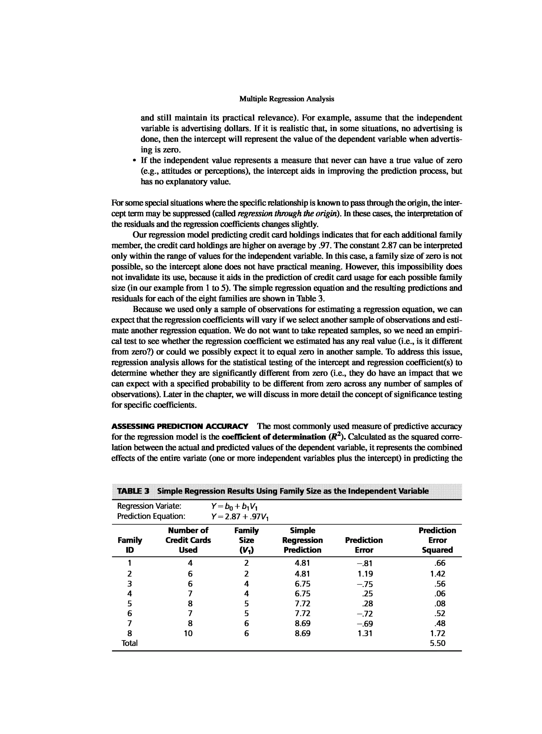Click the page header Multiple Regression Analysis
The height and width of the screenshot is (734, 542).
pos(286,99)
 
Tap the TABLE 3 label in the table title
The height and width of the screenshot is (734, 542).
pos(133,491)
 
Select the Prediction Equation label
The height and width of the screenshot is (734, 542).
pos(151,516)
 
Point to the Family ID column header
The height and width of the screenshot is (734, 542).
pos(130,545)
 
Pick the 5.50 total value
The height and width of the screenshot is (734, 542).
pos(437,643)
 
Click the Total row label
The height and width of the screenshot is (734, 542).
pos(130,643)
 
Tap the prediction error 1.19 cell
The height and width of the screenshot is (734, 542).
pos(365,574)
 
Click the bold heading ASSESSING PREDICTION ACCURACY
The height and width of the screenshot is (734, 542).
pos(180,427)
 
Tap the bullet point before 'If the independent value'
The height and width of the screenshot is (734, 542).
pos(134,161)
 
